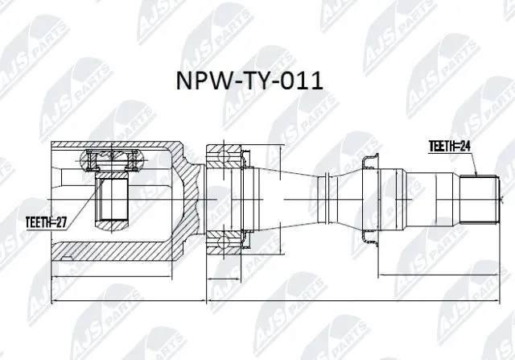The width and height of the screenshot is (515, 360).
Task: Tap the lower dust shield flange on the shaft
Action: click(x=369, y=235)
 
